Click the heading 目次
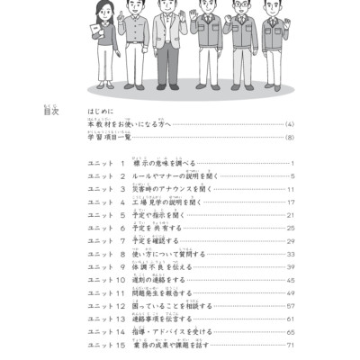click(x=51, y=112)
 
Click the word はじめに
click(x=101, y=111)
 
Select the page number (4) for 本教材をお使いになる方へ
click(x=289, y=124)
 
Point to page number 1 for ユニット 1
click(x=292, y=164)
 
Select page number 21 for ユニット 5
click(x=291, y=216)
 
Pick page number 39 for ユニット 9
click(x=291, y=267)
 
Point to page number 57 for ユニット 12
click(x=291, y=306)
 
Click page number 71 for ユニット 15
click(x=291, y=345)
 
